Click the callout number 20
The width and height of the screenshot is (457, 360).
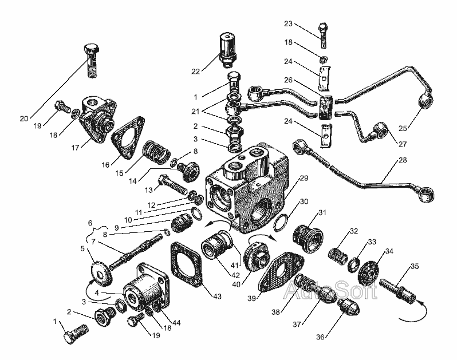23,119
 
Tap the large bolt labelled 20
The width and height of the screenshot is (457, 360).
92,60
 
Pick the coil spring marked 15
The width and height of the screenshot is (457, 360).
155,153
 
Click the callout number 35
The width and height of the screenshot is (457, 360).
414,266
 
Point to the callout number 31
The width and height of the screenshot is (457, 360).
323,212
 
